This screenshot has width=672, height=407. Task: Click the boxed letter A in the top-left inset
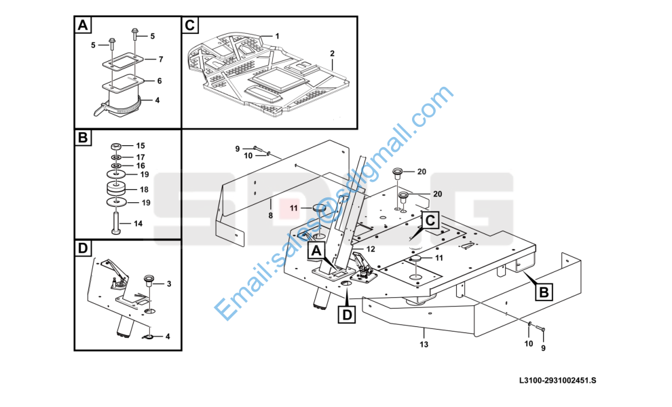(83, 26)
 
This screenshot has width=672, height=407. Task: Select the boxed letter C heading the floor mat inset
(190, 26)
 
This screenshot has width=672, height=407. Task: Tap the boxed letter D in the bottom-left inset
(83, 249)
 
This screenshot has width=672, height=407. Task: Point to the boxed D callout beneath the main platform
(346, 314)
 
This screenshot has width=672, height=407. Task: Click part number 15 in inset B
(141, 146)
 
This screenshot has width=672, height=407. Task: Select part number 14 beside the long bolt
(138, 223)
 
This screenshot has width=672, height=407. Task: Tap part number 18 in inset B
(143, 190)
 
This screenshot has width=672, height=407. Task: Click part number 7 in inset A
(161, 60)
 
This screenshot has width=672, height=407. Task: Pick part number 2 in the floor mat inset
(332, 53)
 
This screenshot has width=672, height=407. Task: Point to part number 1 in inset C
(277, 35)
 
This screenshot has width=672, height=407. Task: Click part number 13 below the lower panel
(424, 345)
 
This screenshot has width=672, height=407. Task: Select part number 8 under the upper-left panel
(270, 215)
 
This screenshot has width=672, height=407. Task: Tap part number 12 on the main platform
(371, 249)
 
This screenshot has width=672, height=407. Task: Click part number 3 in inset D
(168, 284)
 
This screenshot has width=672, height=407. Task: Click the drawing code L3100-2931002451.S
(557, 381)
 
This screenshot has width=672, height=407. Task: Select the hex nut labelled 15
(116, 146)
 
